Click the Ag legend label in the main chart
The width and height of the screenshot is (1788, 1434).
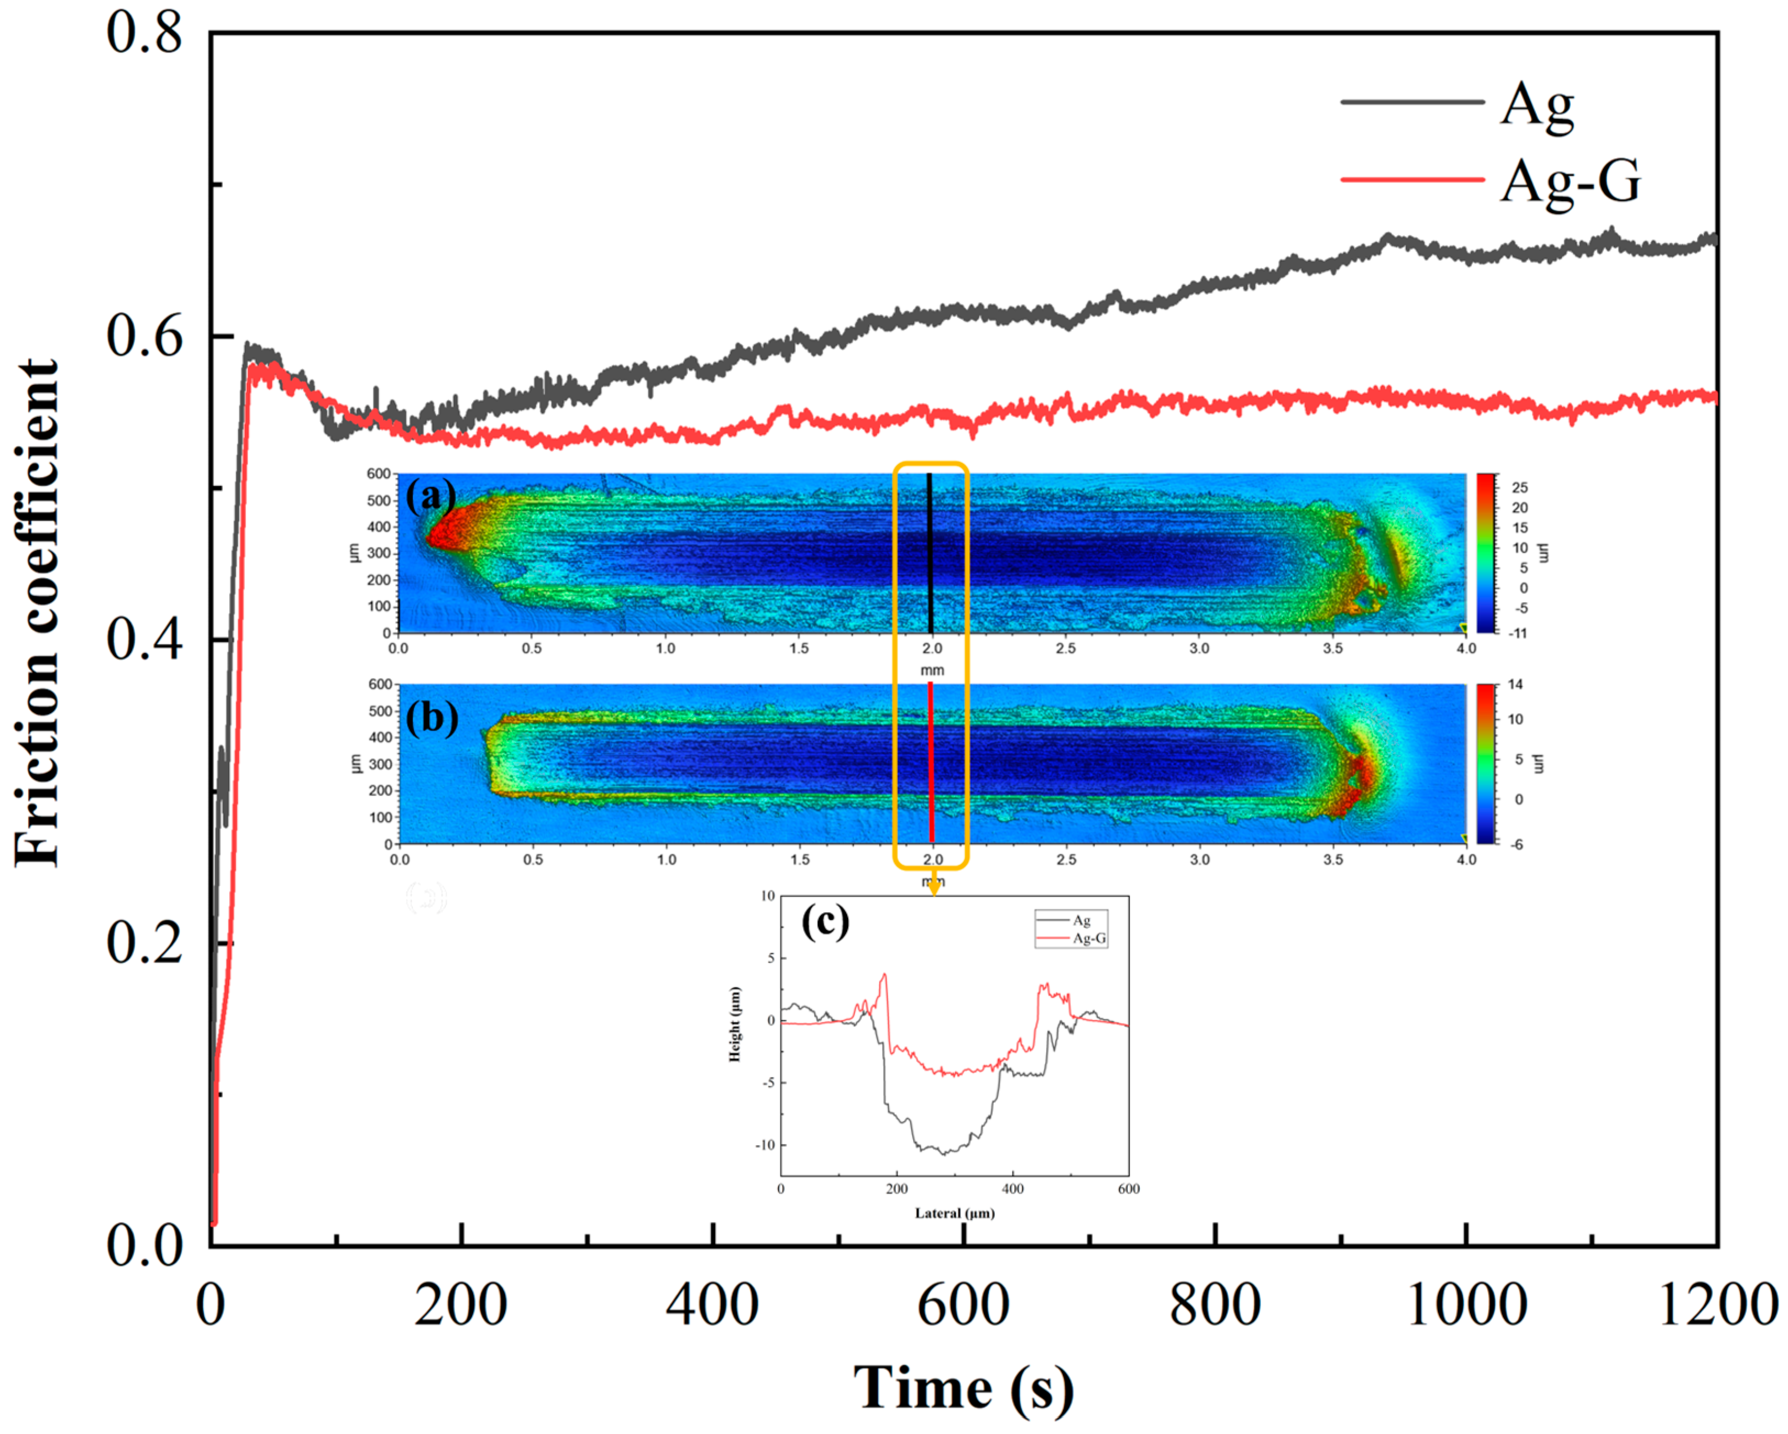coord(1537,105)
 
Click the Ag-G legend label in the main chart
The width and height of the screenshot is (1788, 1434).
coord(1570,181)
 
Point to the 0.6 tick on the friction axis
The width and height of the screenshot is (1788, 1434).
coord(145,337)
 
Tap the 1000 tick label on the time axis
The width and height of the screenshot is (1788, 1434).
coord(1466,1305)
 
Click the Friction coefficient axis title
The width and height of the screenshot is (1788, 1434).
coord(37,613)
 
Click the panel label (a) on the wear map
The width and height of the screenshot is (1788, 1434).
coord(430,497)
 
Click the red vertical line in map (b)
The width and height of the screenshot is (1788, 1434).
coord(931,763)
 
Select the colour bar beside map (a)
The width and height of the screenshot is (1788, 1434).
coord(1485,553)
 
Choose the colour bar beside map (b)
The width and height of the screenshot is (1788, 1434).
coord(1485,763)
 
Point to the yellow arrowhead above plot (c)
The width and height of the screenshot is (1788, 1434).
coord(934,888)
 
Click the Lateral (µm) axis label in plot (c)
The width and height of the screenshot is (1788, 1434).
coord(955,1214)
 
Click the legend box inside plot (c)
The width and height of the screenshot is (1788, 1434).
coord(1071,929)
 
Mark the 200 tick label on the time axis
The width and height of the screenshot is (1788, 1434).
coord(461,1305)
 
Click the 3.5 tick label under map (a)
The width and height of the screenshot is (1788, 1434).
coord(1333,648)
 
